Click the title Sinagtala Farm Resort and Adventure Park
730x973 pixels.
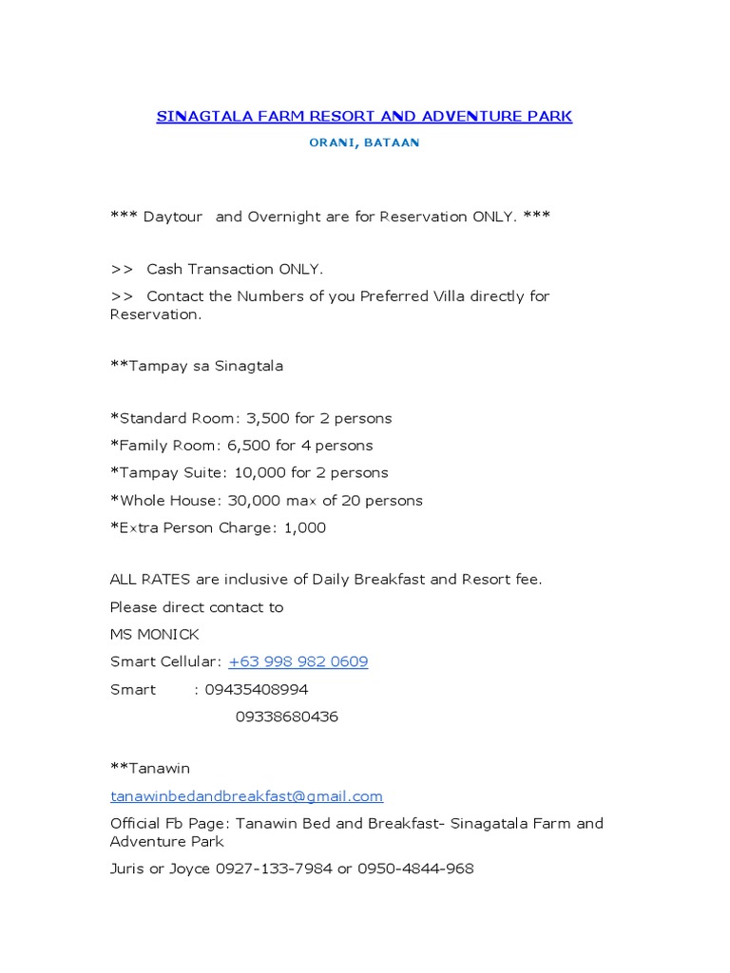[x=364, y=117]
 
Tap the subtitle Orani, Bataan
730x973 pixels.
[x=364, y=143]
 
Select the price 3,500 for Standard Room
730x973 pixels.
[x=267, y=418]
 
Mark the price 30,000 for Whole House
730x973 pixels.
[x=250, y=501]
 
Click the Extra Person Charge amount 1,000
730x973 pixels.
[x=304, y=528]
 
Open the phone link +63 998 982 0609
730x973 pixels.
[x=298, y=662]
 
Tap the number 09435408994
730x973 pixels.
[x=257, y=690]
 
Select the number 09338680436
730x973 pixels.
[x=287, y=717]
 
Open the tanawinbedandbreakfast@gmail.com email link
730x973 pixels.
[x=246, y=796]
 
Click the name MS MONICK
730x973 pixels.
[x=155, y=635]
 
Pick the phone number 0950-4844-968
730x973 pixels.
[x=415, y=868]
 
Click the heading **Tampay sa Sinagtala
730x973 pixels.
[x=197, y=366]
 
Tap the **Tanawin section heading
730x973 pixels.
[x=150, y=769]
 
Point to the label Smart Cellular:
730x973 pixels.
[x=165, y=662]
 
